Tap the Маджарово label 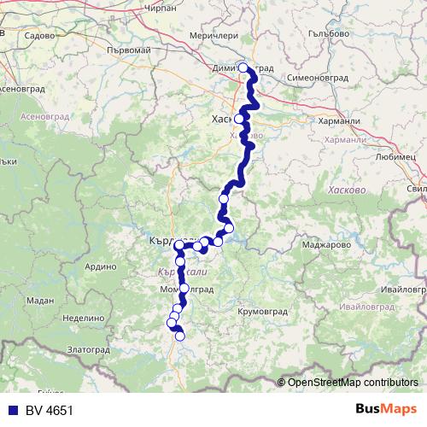(320, 245)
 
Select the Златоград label (89, 349)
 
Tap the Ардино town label (101, 266)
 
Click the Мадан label (39, 300)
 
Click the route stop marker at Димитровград (243, 67)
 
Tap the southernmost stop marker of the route (180, 336)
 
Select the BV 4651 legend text (46, 411)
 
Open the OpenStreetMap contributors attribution (352, 382)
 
